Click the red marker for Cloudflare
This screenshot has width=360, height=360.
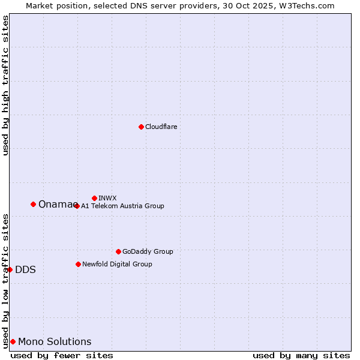141,127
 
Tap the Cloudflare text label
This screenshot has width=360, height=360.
161,127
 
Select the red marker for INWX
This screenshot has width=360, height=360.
94,198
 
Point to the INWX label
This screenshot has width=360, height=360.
108,198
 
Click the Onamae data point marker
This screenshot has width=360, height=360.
33,204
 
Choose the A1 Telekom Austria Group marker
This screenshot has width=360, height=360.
76,206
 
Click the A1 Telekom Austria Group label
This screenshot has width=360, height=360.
122,206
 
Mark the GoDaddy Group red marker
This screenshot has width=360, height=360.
118,251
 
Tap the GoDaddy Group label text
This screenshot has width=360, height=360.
148,251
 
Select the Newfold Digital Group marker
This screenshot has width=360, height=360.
78,264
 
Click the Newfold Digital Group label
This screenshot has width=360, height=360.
117,264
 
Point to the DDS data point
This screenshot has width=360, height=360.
10,269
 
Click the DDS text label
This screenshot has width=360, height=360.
25,270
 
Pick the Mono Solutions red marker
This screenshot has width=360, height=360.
13,341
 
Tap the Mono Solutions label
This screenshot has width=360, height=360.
55,342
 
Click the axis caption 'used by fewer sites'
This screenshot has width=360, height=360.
62,355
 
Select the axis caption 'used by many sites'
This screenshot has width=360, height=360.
301,355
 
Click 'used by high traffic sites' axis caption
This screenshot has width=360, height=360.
5,85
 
